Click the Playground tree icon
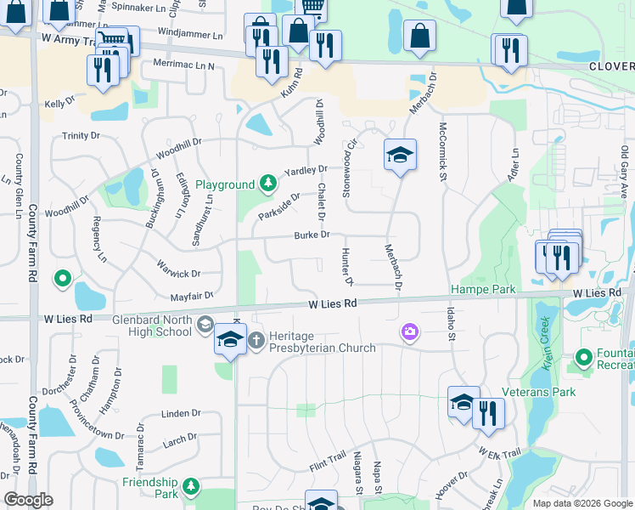(267, 184)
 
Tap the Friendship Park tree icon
(192, 485)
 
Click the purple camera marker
(410, 331)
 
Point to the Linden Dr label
(181, 414)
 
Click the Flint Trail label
(327, 462)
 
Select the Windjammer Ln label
(189, 36)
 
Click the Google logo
(28, 500)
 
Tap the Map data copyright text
(582, 503)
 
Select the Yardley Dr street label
(306, 171)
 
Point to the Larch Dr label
(179, 439)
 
